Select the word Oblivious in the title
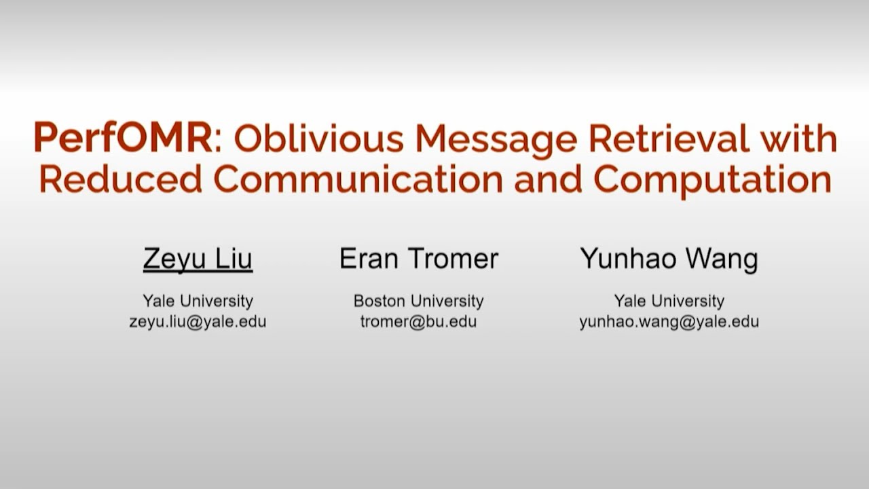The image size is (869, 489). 318,139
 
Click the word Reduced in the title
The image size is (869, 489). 121,179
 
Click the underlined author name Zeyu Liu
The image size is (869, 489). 198,259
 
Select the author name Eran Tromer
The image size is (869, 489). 419,259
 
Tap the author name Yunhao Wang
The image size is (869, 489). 669,259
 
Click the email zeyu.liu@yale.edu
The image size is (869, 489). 198,322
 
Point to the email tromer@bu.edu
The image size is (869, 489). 418,322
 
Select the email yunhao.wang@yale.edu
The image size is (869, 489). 669,322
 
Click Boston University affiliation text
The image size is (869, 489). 418,300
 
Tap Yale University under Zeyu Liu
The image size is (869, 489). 198,300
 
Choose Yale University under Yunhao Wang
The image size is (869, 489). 669,300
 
